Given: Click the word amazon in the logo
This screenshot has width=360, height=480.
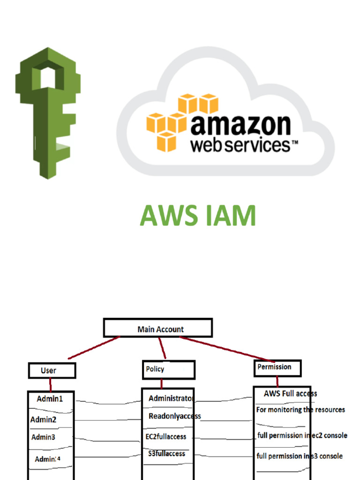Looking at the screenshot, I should [x=240, y=125].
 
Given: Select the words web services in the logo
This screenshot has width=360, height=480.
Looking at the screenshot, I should [x=240, y=145].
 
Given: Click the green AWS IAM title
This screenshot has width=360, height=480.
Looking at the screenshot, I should [x=198, y=216].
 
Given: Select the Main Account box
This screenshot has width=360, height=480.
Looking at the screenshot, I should [x=158, y=328].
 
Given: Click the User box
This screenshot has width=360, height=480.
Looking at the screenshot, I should [x=52, y=370].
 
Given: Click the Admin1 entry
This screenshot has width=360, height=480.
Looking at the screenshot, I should [x=50, y=399].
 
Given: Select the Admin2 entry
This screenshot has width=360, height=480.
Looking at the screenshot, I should [x=43, y=420].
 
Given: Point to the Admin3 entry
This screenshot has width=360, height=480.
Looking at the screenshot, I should [x=43, y=437].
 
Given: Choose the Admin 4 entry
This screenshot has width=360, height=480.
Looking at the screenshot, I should [x=48, y=459].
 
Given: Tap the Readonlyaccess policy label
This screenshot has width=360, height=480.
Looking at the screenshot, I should [x=174, y=416].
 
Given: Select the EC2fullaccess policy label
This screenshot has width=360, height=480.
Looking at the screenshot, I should [x=166, y=436].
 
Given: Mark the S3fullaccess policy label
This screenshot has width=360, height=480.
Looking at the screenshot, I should [x=165, y=454].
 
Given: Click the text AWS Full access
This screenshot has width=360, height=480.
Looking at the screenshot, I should [x=290, y=393].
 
